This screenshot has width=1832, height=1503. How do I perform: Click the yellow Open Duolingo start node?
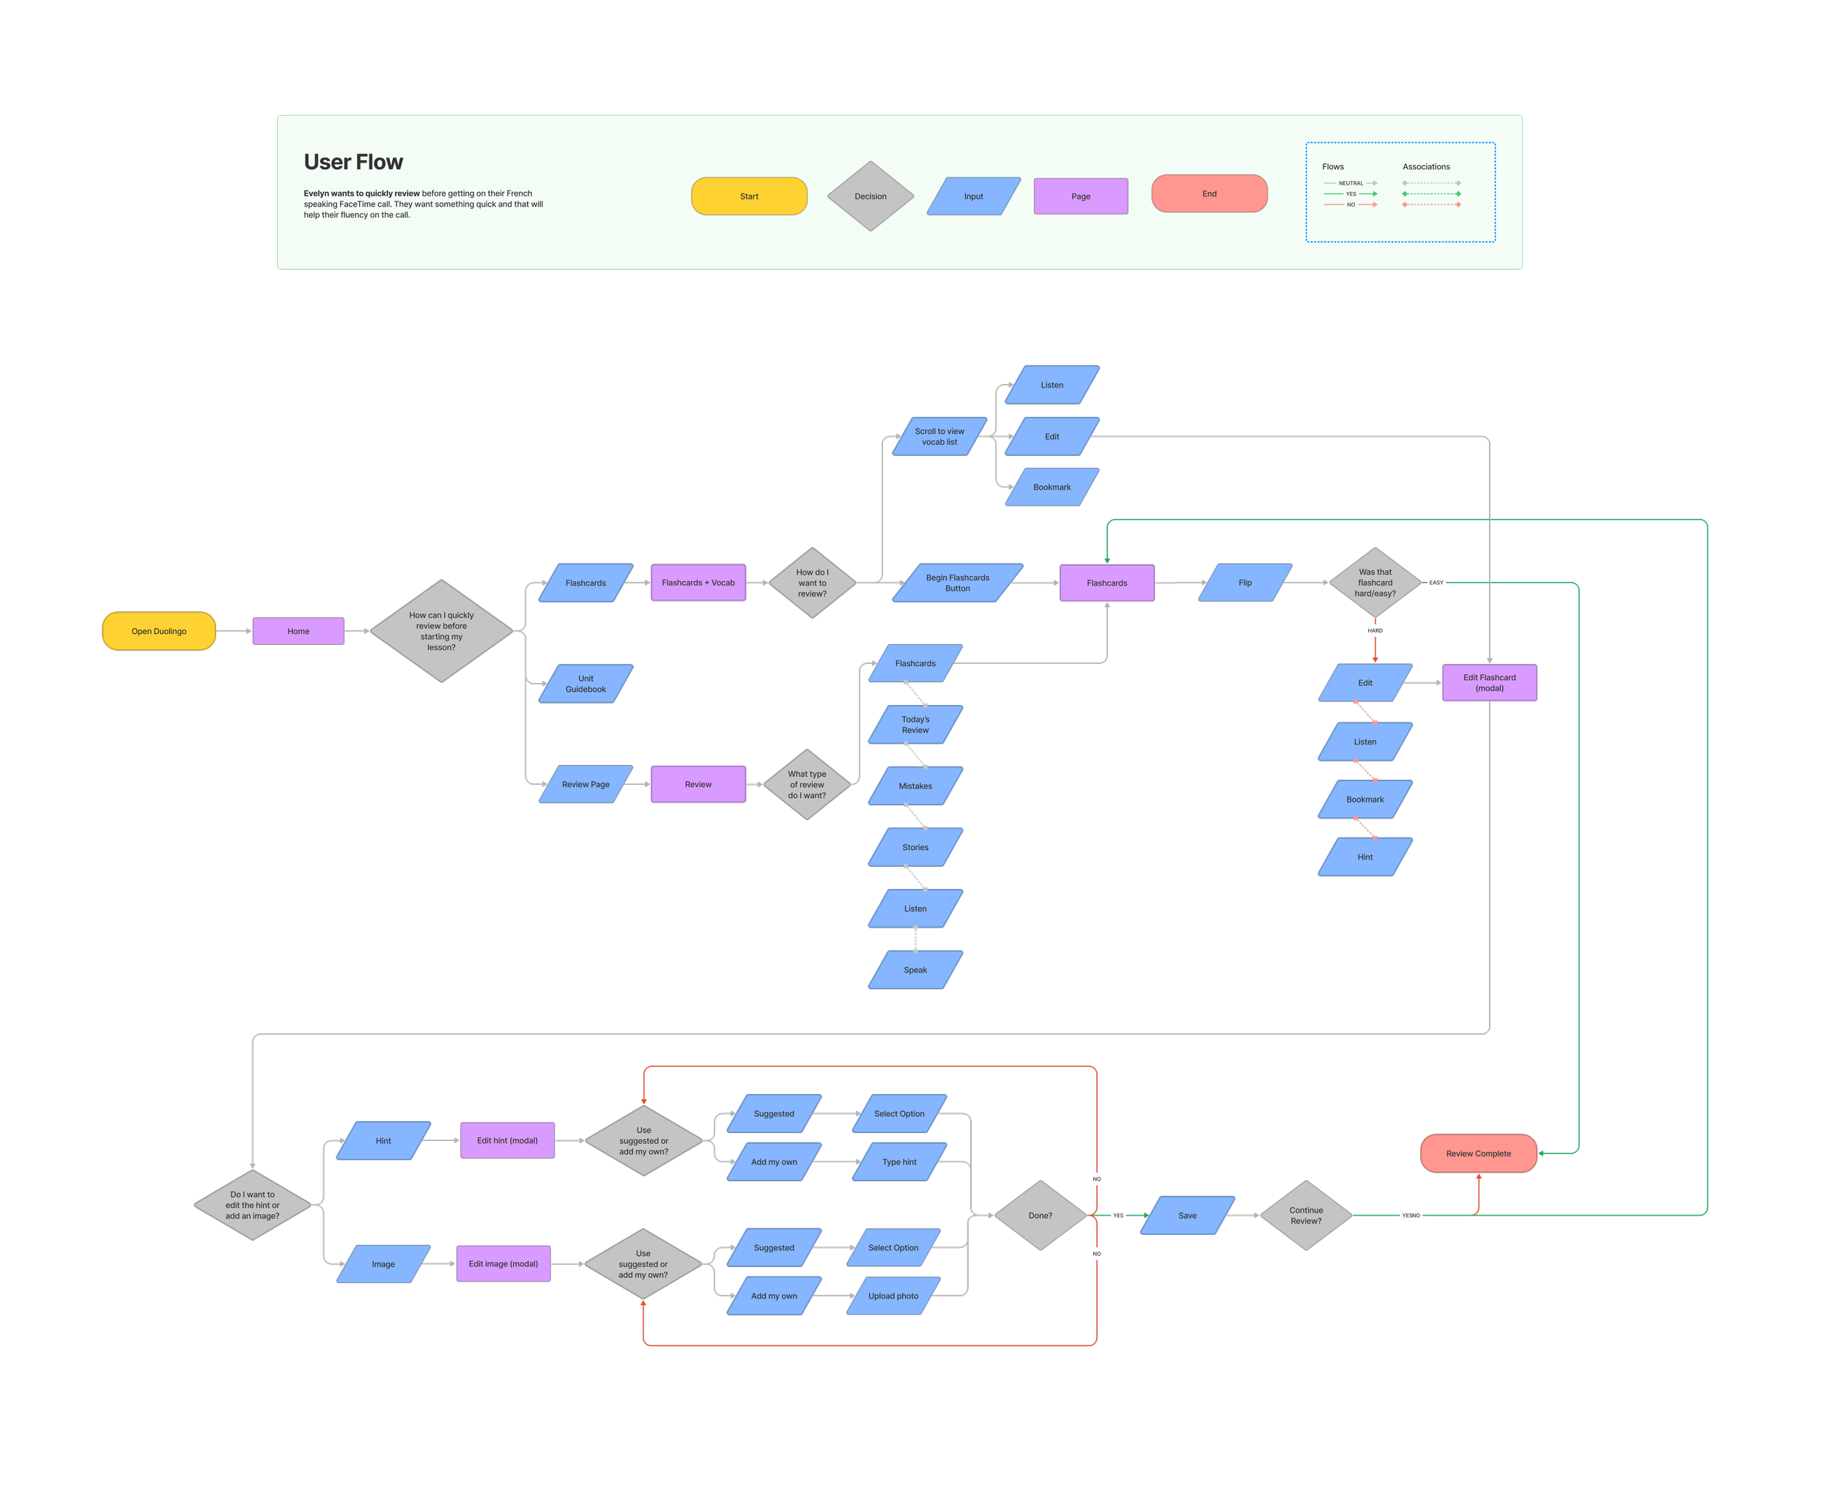pyautogui.click(x=158, y=631)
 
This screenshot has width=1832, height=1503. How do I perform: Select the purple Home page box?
pyautogui.click(x=298, y=631)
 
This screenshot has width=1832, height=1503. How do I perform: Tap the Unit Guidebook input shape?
pyautogui.click(x=586, y=684)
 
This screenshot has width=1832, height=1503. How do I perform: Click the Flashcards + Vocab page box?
pyautogui.click(x=698, y=583)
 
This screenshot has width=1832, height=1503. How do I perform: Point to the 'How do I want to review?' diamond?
pyautogui.click(x=812, y=583)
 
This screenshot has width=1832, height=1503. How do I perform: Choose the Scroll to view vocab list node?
pyautogui.click(x=939, y=436)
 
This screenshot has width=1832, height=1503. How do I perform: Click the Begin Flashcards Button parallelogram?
pyautogui.click(x=958, y=583)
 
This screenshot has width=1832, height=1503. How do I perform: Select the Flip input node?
pyautogui.click(x=1245, y=583)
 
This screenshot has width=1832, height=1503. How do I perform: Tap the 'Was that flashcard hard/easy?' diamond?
pyautogui.click(x=1375, y=583)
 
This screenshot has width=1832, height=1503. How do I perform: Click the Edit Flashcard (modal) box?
pyautogui.click(x=1489, y=683)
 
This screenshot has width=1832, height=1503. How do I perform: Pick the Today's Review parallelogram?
pyautogui.click(x=915, y=725)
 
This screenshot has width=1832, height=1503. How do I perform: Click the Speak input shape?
pyautogui.click(x=915, y=970)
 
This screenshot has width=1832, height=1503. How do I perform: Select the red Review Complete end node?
pyautogui.click(x=1479, y=1153)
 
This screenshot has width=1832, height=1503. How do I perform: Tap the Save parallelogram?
pyautogui.click(x=1187, y=1216)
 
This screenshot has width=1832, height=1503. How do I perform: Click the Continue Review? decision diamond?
pyautogui.click(x=1306, y=1216)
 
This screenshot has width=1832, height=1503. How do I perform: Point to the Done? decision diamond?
pyautogui.click(x=1041, y=1216)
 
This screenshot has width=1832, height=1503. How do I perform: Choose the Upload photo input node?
pyautogui.click(x=893, y=1296)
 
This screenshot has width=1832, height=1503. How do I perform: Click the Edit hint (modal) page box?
pyautogui.click(x=507, y=1140)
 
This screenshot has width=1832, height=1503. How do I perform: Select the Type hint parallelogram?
pyautogui.click(x=900, y=1162)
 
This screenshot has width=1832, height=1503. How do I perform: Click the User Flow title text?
pyautogui.click(x=353, y=162)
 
